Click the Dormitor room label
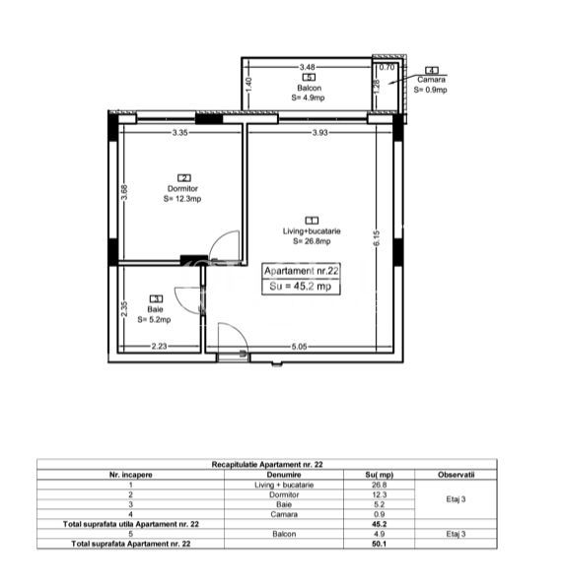point(182,188)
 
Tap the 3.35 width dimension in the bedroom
point(179,132)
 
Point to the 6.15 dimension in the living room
point(377,238)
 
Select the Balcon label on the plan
point(310,88)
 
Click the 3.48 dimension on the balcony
point(307,67)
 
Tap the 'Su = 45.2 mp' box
point(301,287)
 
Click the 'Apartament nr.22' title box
point(301,271)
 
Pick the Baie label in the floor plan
point(156,309)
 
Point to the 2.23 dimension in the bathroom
point(159,346)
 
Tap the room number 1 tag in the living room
point(312,221)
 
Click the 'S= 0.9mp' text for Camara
point(431,90)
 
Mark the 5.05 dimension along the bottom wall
point(299,347)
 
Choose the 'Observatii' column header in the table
point(457,475)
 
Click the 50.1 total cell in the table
point(379,544)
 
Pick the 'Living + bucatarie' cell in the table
point(284,485)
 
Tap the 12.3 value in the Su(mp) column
point(379,494)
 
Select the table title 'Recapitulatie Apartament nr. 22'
point(267,465)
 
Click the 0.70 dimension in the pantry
point(387,67)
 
